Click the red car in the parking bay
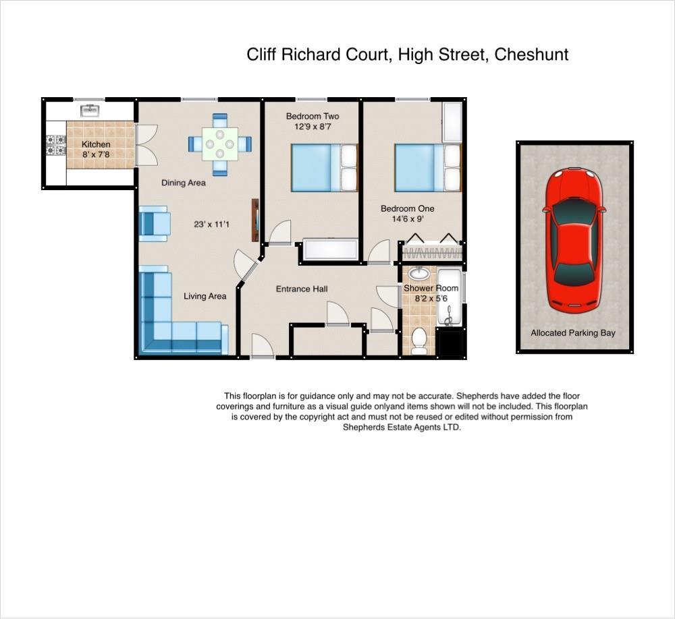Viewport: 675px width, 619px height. tap(574, 241)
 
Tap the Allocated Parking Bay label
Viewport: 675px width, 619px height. tap(572, 333)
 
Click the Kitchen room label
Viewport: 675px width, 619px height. tap(96, 144)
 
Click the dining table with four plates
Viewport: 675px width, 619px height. tap(220, 144)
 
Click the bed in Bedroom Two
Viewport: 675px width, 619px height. tap(323, 168)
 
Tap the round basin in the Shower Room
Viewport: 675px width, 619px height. tap(419, 273)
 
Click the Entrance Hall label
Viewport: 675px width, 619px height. tap(302, 289)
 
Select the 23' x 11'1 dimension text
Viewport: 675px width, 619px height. tap(211, 224)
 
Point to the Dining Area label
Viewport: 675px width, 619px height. tap(183, 183)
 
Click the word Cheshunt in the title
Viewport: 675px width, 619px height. tap(531, 55)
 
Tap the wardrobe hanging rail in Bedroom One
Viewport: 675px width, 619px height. tap(432, 253)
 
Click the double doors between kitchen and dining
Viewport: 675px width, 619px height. tap(145, 144)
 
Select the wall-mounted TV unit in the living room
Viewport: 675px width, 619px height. tap(256, 220)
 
